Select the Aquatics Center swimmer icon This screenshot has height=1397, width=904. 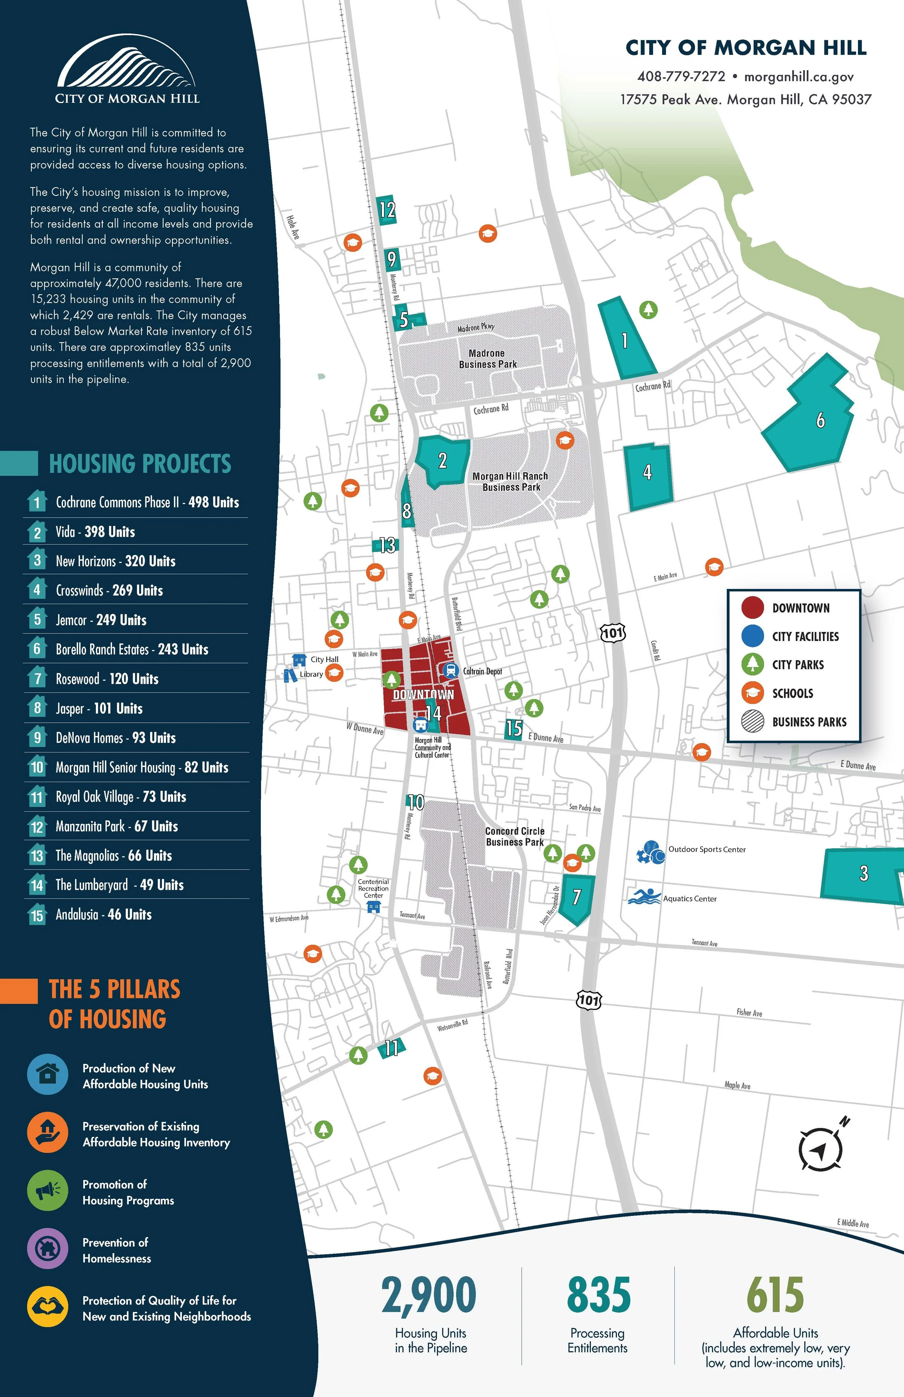tap(644, 897)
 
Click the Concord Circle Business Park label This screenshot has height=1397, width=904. tap(515, 837)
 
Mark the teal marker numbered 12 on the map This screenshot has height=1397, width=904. tap(386, 210)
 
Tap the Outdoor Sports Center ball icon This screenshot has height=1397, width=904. tap(651, 852)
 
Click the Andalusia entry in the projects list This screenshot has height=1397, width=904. tap(103, 914)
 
